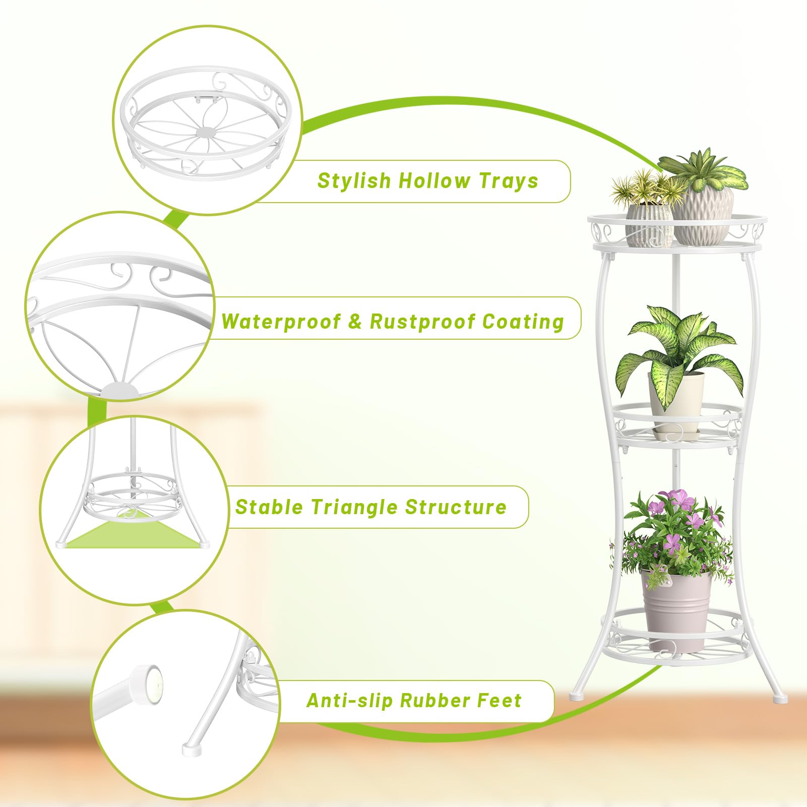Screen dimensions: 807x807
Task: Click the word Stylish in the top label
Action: pos(354,180)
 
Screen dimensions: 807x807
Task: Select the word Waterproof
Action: pos(281,322)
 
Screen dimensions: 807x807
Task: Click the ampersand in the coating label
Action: pos(355,322)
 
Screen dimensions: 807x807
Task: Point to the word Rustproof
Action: pos(422,322)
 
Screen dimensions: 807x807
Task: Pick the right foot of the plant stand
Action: pos(779,699)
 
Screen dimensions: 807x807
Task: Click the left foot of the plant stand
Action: pos(576,696)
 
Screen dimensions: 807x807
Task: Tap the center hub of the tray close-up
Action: pos(206,132)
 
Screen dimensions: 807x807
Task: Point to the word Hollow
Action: pos(434,180)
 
